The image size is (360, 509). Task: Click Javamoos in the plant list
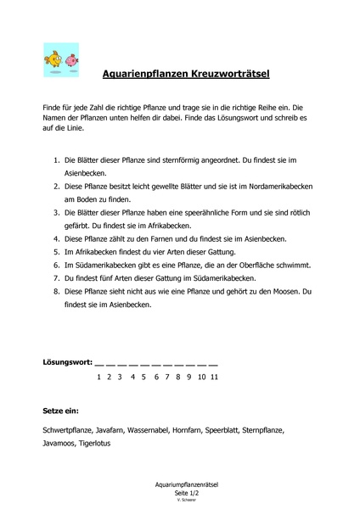(59, 444)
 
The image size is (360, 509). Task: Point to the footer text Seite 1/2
(180, 492)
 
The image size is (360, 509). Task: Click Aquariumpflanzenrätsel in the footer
(180, 484)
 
